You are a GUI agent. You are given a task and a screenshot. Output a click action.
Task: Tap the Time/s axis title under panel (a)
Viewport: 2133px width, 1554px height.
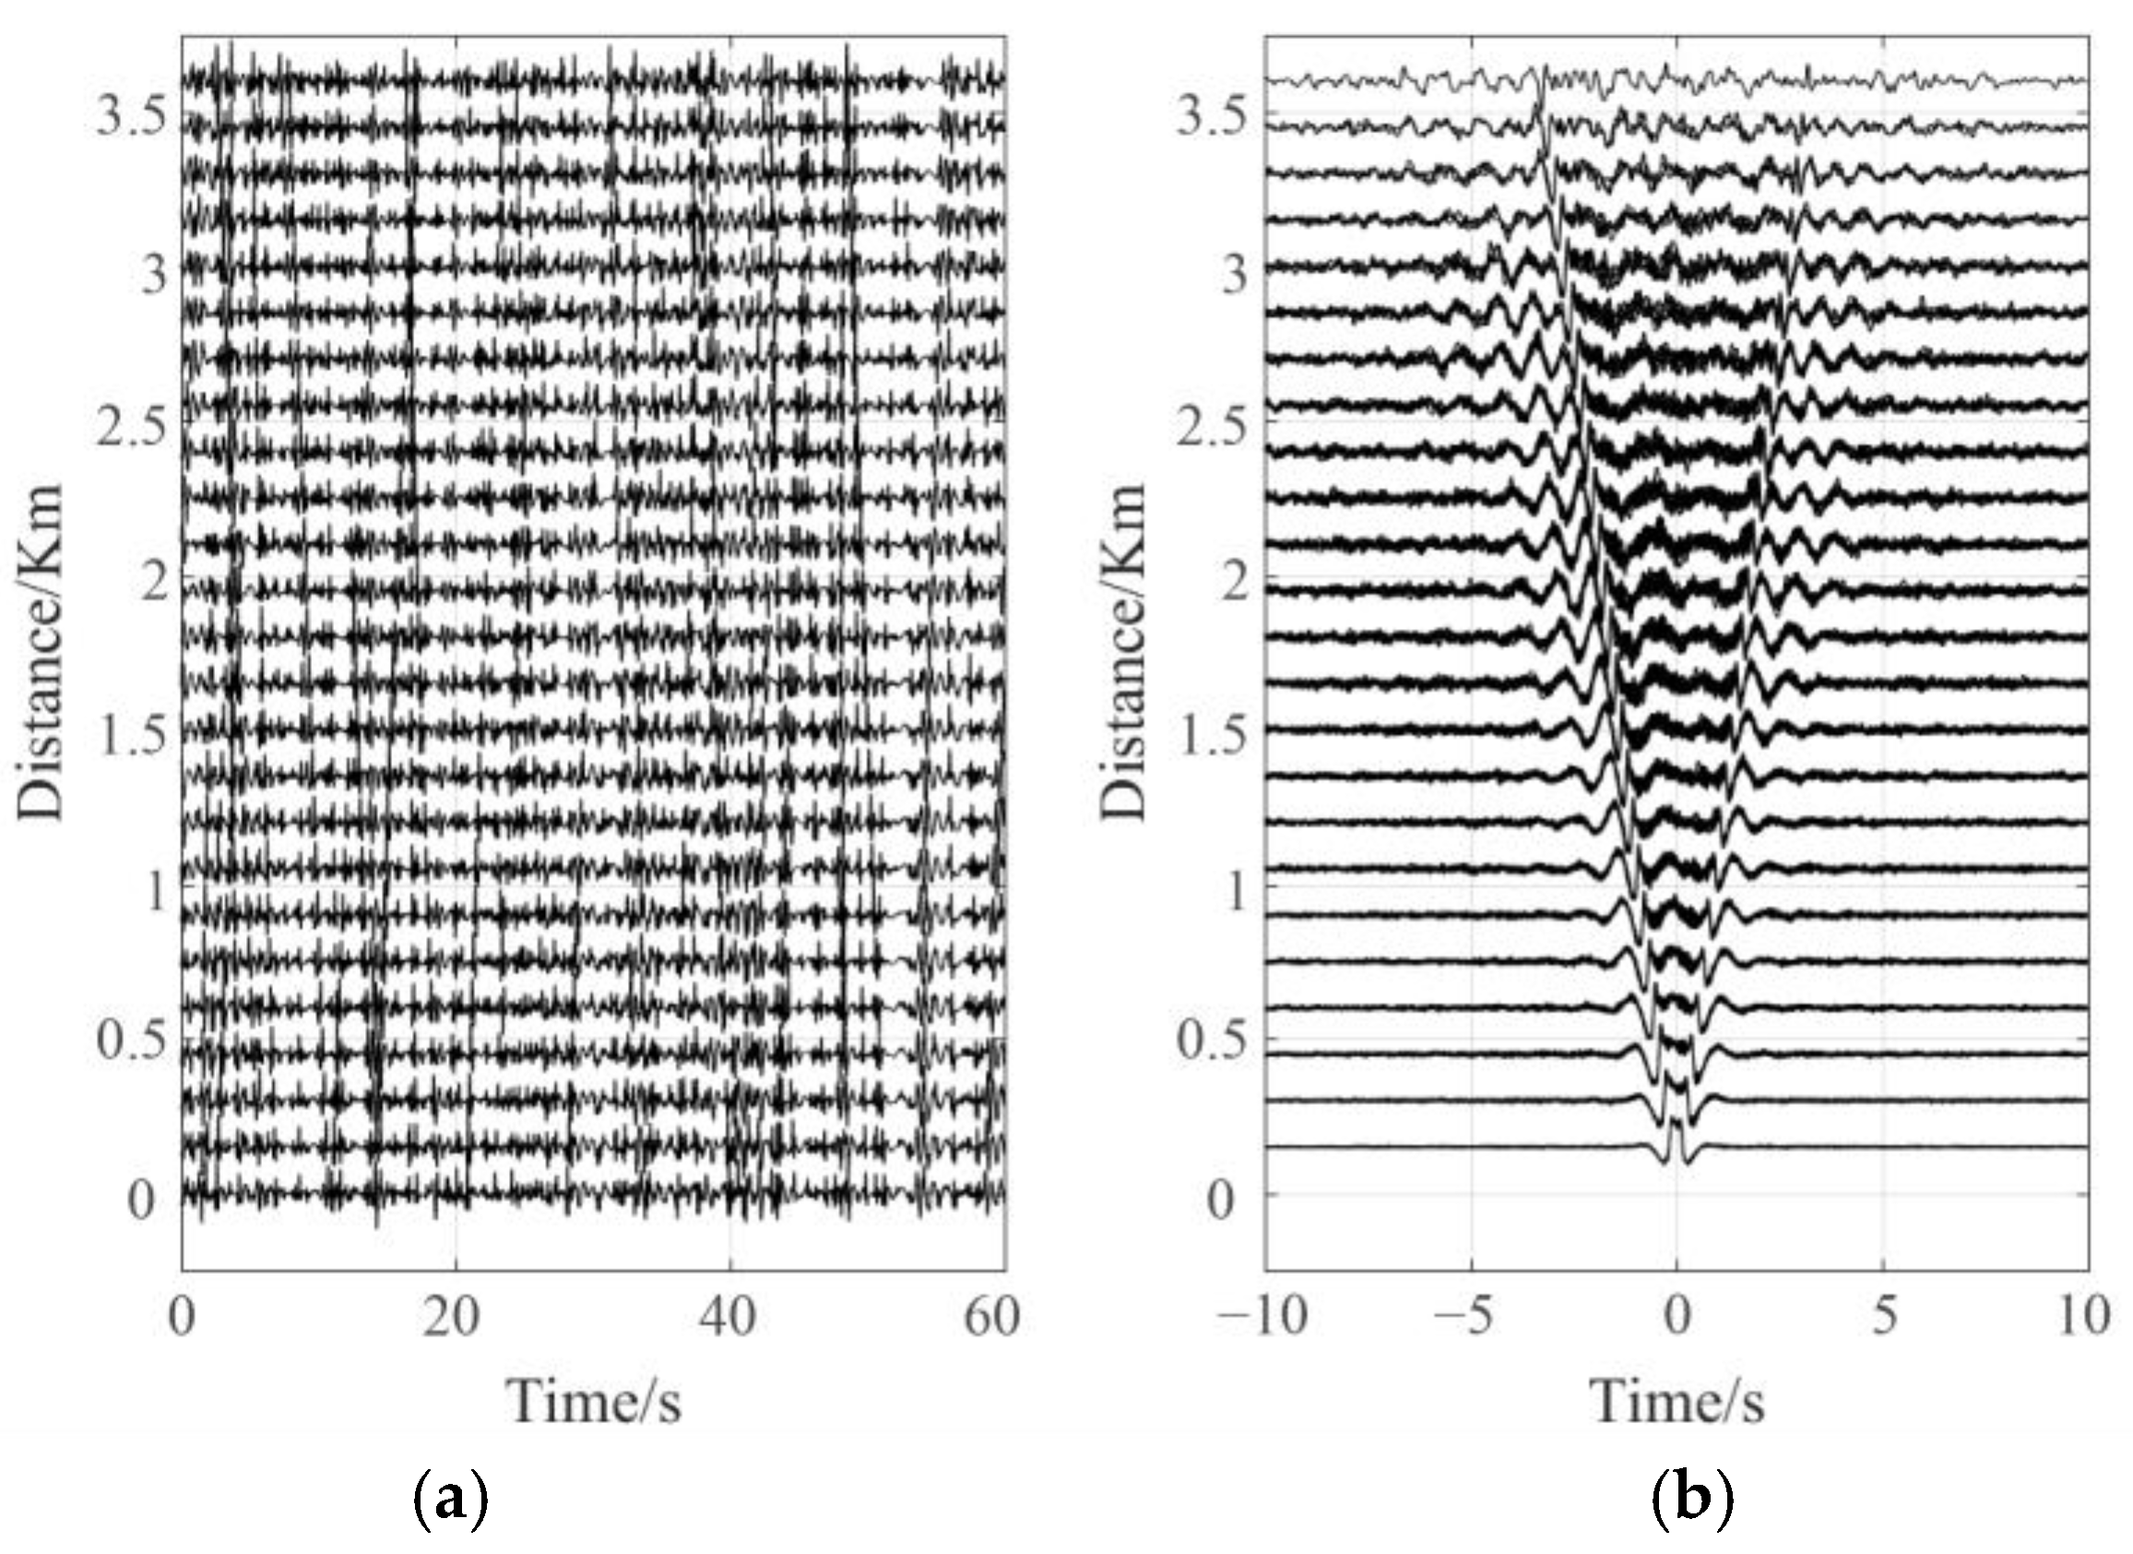(595, 1401)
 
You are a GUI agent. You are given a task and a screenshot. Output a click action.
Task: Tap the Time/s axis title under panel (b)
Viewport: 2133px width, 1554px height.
(1677, 1401)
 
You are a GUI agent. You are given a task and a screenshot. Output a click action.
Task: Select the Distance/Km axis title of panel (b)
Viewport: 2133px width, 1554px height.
(1125, 653)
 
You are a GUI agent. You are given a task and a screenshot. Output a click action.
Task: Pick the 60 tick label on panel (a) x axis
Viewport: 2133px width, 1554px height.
(991, 1318)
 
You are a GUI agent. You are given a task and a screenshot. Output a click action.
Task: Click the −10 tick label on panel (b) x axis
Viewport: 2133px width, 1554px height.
(1262, 1318)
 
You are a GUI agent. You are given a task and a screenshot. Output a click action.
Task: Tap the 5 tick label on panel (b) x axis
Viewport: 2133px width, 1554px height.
(1884, 1318)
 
